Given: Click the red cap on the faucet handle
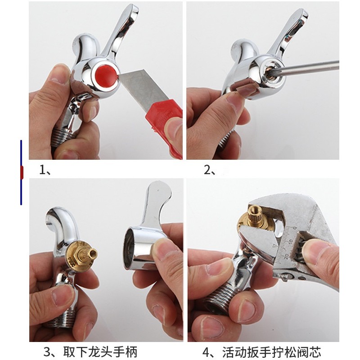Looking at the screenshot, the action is (105, 75).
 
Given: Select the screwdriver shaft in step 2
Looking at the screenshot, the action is (308, 66).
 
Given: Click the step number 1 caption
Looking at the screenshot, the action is (45, 170).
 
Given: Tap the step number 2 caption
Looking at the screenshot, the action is (209, 170).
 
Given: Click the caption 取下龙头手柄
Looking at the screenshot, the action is (100, 352).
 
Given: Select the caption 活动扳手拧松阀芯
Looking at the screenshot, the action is (271, 352).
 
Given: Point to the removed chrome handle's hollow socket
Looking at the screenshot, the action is (128, 248).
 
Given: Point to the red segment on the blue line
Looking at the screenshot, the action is (22, 172).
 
